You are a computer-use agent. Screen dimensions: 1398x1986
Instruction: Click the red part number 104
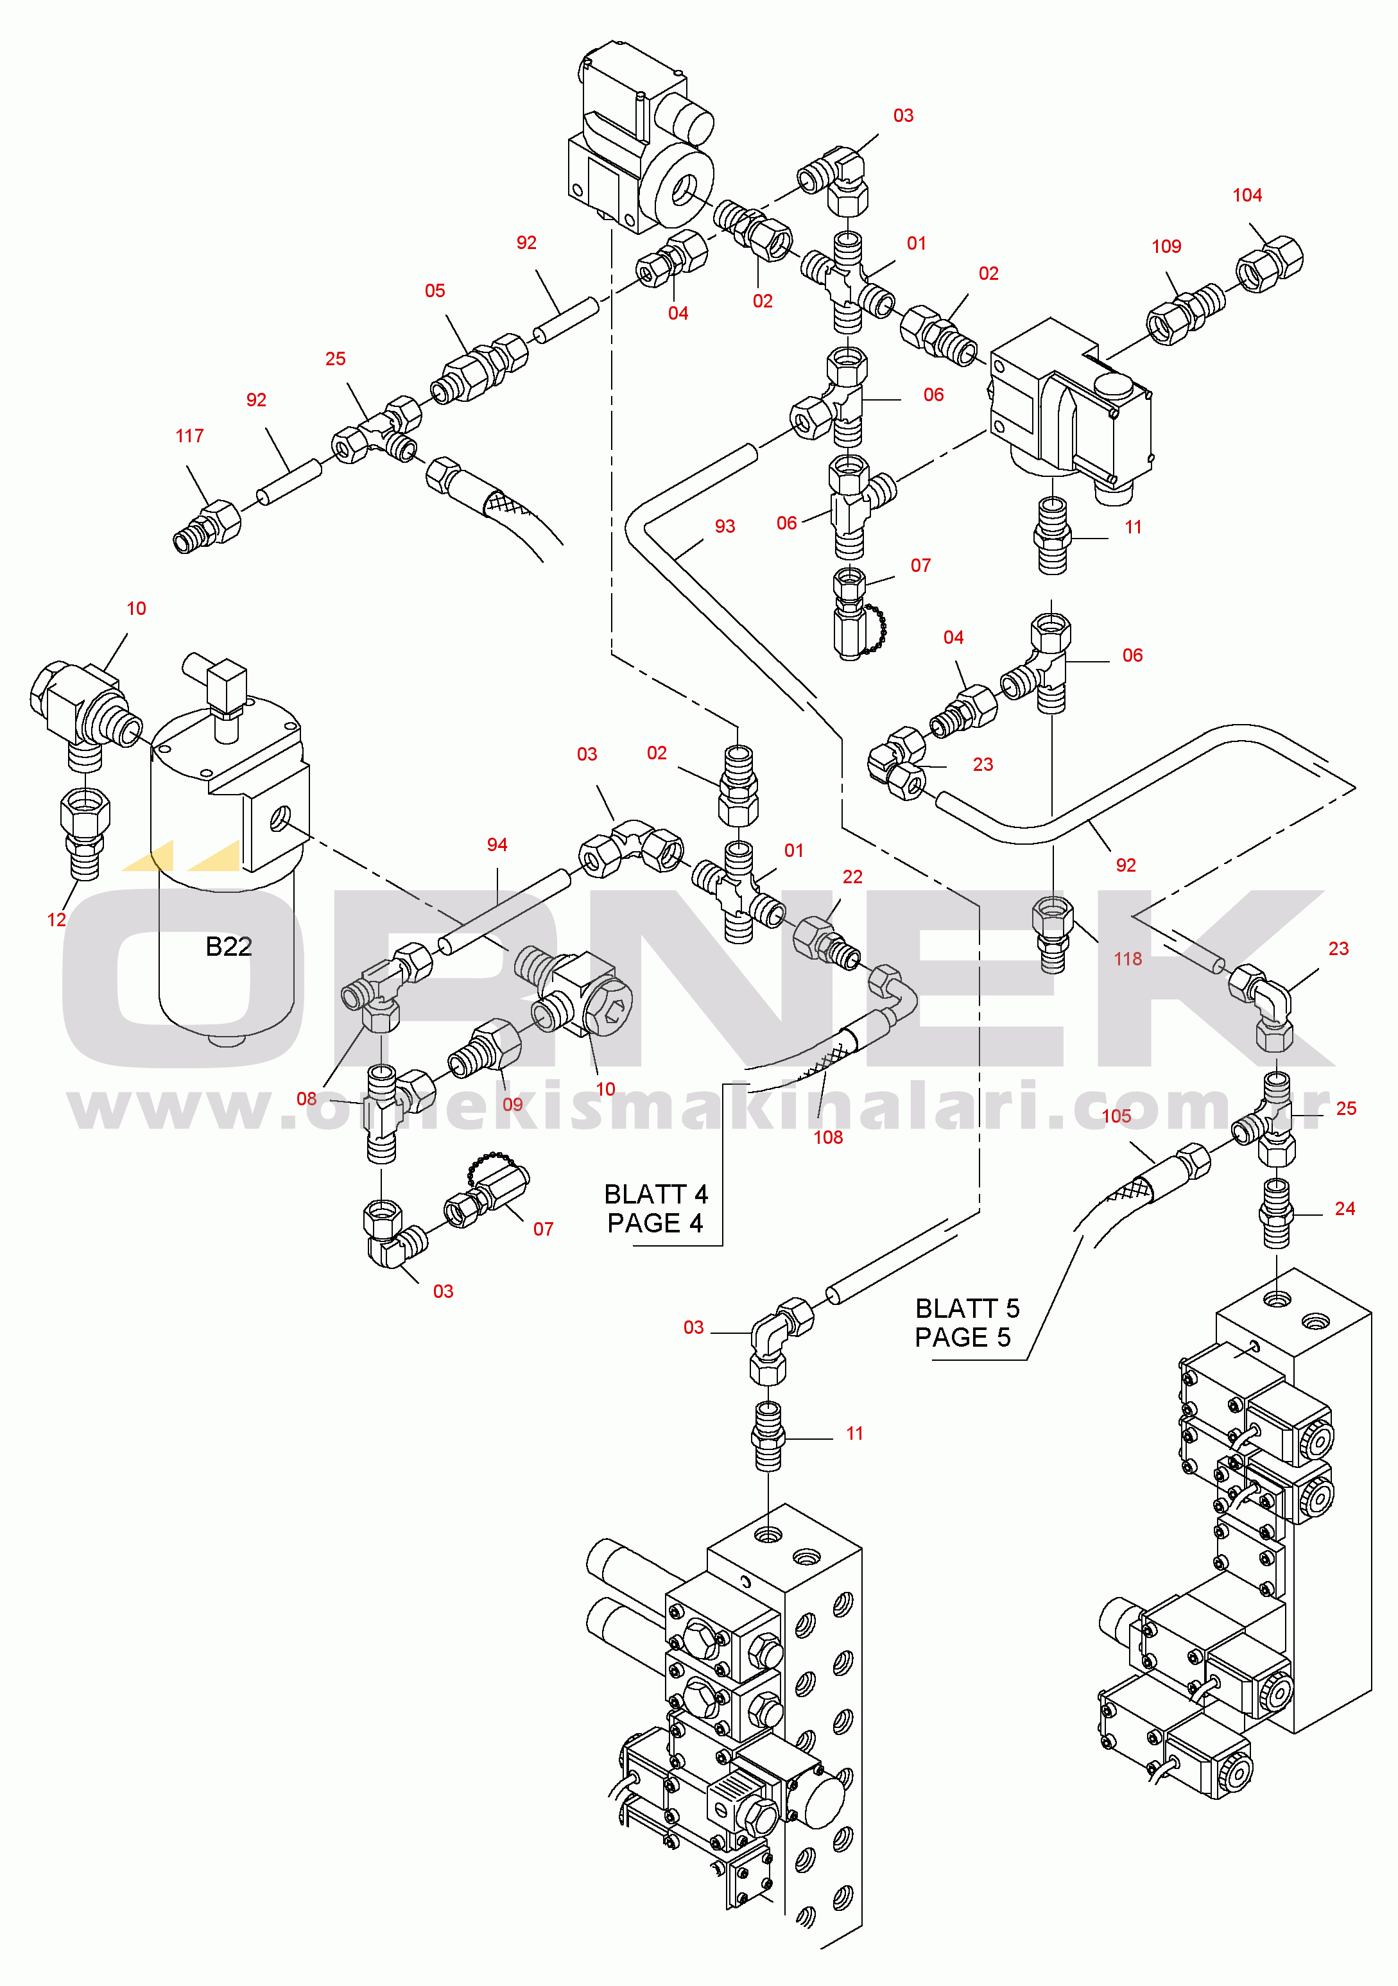[x=1247, y=196]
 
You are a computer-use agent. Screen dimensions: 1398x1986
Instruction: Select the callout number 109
[x=1166, y=246]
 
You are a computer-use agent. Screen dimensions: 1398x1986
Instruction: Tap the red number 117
[x=189, y=436]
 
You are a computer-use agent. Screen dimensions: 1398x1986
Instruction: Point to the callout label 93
[x=725, y=526]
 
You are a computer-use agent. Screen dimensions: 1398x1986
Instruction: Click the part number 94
[x=497, y=844]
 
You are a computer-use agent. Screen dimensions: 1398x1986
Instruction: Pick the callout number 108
[x=828, y=1137]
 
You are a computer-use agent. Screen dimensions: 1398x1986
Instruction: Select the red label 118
[x=1128, y=958]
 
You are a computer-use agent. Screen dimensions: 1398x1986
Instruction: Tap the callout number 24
[x=1344, y=1209]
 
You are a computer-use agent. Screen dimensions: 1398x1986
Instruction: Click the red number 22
[x=852, y=876]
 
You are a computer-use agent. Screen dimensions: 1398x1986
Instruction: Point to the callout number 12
[x=56, y=919]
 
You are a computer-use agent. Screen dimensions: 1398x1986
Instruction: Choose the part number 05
[x=435, y=291]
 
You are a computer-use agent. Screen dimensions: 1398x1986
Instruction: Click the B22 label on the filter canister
[x=229, y=946]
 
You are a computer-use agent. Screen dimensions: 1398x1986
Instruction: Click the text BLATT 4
[x=656, y=1194]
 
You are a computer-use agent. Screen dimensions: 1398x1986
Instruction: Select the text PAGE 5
[x=963, y=1337]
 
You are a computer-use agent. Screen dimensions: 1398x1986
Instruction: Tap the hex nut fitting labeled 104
[x=1268, y=264]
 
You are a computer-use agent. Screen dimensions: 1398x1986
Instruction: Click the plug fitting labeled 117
[x=207, y=527]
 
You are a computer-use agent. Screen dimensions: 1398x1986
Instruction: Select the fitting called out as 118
[x=1053, y=934]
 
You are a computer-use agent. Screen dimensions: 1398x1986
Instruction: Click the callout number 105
[x=1116, y=1116]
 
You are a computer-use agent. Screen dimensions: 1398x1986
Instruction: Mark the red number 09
[x=513, y=1105]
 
